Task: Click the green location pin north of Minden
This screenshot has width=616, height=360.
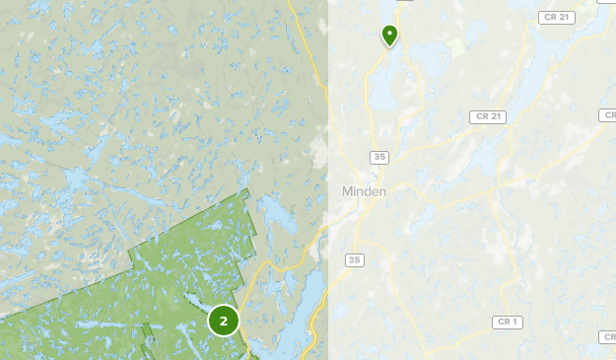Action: point(389,35)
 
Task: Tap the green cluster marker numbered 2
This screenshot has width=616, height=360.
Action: point(224,321)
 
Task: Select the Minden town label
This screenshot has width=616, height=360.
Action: point(364,190)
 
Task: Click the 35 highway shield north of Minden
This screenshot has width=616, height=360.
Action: point(379,157)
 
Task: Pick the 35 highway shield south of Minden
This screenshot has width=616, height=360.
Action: point(355,259)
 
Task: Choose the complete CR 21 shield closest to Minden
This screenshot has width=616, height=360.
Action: point(489,116)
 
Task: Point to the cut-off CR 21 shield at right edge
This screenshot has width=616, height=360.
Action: point(608,115)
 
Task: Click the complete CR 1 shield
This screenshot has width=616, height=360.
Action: point(508,322)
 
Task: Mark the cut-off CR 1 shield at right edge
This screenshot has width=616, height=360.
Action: point(608,337)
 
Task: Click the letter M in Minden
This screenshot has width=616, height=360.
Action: point(348,190)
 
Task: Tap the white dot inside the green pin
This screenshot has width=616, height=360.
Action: point(389,33)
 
